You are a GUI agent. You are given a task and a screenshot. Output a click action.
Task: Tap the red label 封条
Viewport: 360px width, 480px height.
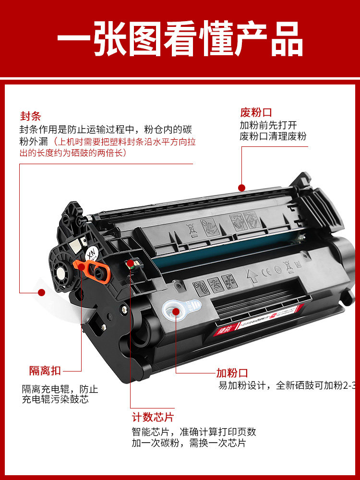tap(30, 116)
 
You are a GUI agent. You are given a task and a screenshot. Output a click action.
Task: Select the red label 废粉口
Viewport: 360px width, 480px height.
tap(256, 113)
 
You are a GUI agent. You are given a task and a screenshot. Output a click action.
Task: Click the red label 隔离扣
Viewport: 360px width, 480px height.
tap(45, 371)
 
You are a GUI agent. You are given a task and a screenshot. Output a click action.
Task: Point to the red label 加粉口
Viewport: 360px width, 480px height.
tap(232, 373)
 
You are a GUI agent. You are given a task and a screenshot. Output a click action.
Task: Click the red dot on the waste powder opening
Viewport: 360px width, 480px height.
tap(242, 188)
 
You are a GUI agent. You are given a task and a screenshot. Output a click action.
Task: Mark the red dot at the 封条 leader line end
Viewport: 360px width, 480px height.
tap(42, 292)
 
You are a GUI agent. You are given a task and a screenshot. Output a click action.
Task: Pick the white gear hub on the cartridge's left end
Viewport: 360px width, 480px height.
tap(61, 274)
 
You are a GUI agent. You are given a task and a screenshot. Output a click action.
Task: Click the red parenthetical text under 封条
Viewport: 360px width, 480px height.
tap(108, 147)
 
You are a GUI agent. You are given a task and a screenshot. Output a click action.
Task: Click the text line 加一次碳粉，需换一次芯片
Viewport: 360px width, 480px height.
tap(189, 443)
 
